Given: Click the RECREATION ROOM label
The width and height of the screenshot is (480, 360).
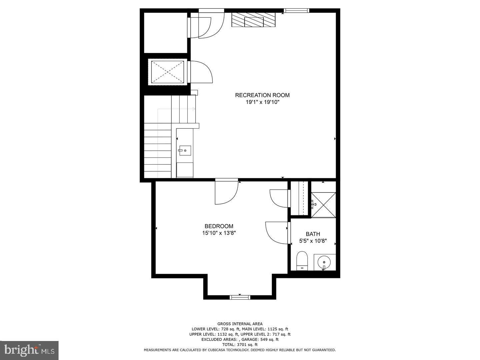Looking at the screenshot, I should (262, 95).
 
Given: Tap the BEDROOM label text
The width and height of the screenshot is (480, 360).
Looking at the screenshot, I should (219, 226).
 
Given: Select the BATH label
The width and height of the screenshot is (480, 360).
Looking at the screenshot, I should (313, 234).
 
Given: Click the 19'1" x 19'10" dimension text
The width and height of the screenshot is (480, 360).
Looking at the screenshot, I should (262, 102).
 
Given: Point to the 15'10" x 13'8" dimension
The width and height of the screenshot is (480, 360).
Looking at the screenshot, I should (219, 233).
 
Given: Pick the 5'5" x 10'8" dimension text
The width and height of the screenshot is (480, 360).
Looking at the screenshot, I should (313, 241).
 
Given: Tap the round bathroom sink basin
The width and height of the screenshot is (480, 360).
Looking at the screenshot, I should (324, 262).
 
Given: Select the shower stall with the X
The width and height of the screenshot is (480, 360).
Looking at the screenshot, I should (323, 204).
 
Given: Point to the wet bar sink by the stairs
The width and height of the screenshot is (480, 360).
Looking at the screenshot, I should (185, 151).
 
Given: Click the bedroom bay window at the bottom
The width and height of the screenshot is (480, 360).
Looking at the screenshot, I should (240, 297).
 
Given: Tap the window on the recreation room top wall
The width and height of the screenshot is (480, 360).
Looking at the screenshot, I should (296, 11).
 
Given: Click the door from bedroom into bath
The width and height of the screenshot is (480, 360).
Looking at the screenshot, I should (277, 233).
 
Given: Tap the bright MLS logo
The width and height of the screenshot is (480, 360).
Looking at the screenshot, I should (29, 350).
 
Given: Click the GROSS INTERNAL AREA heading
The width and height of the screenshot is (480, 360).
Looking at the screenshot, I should (240, 324).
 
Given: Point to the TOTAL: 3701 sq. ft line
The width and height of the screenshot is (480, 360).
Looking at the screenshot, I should (240, 345).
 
